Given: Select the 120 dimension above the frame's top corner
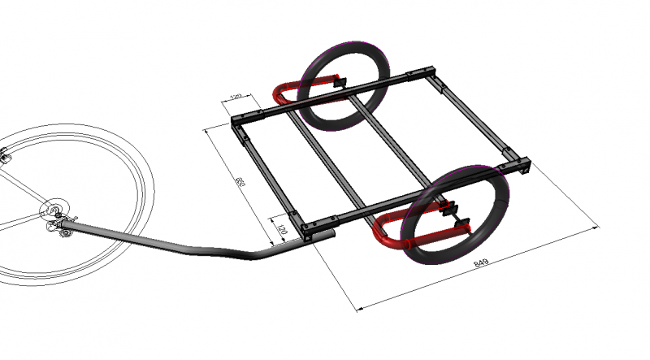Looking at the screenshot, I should (x=236, y=98).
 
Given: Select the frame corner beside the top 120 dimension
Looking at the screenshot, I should (x=237, y=124).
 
